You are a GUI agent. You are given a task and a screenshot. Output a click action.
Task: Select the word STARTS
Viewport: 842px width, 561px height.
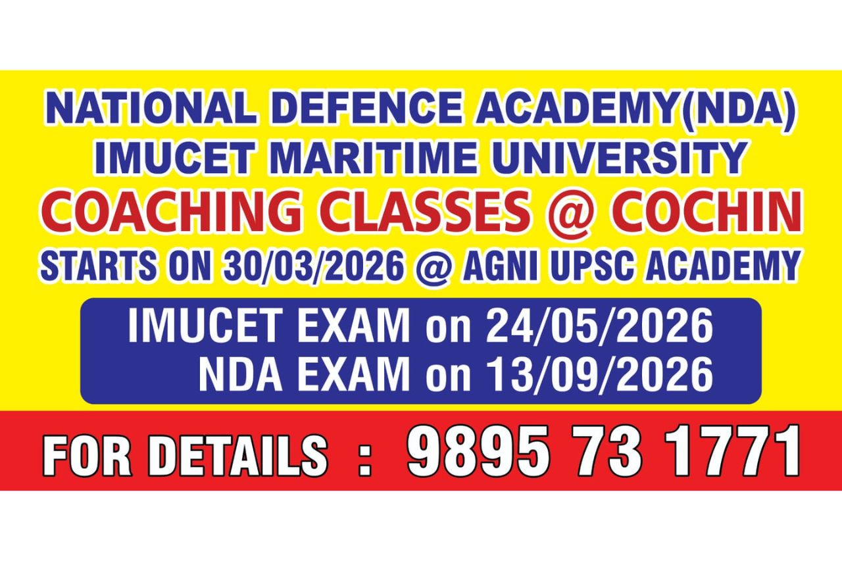coord(97,265)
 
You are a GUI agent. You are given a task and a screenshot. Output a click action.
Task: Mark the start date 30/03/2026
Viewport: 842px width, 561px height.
coord(312,265)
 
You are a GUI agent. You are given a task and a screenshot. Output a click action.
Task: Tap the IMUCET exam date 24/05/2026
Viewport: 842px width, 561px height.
coord(600,326)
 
